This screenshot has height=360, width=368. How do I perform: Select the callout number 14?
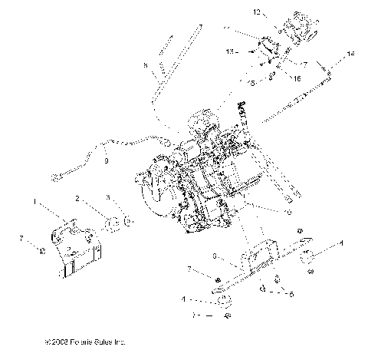coord(351,54)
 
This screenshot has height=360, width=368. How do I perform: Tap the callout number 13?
coord(230,51)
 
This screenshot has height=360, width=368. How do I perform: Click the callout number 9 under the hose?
coord(106,161)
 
